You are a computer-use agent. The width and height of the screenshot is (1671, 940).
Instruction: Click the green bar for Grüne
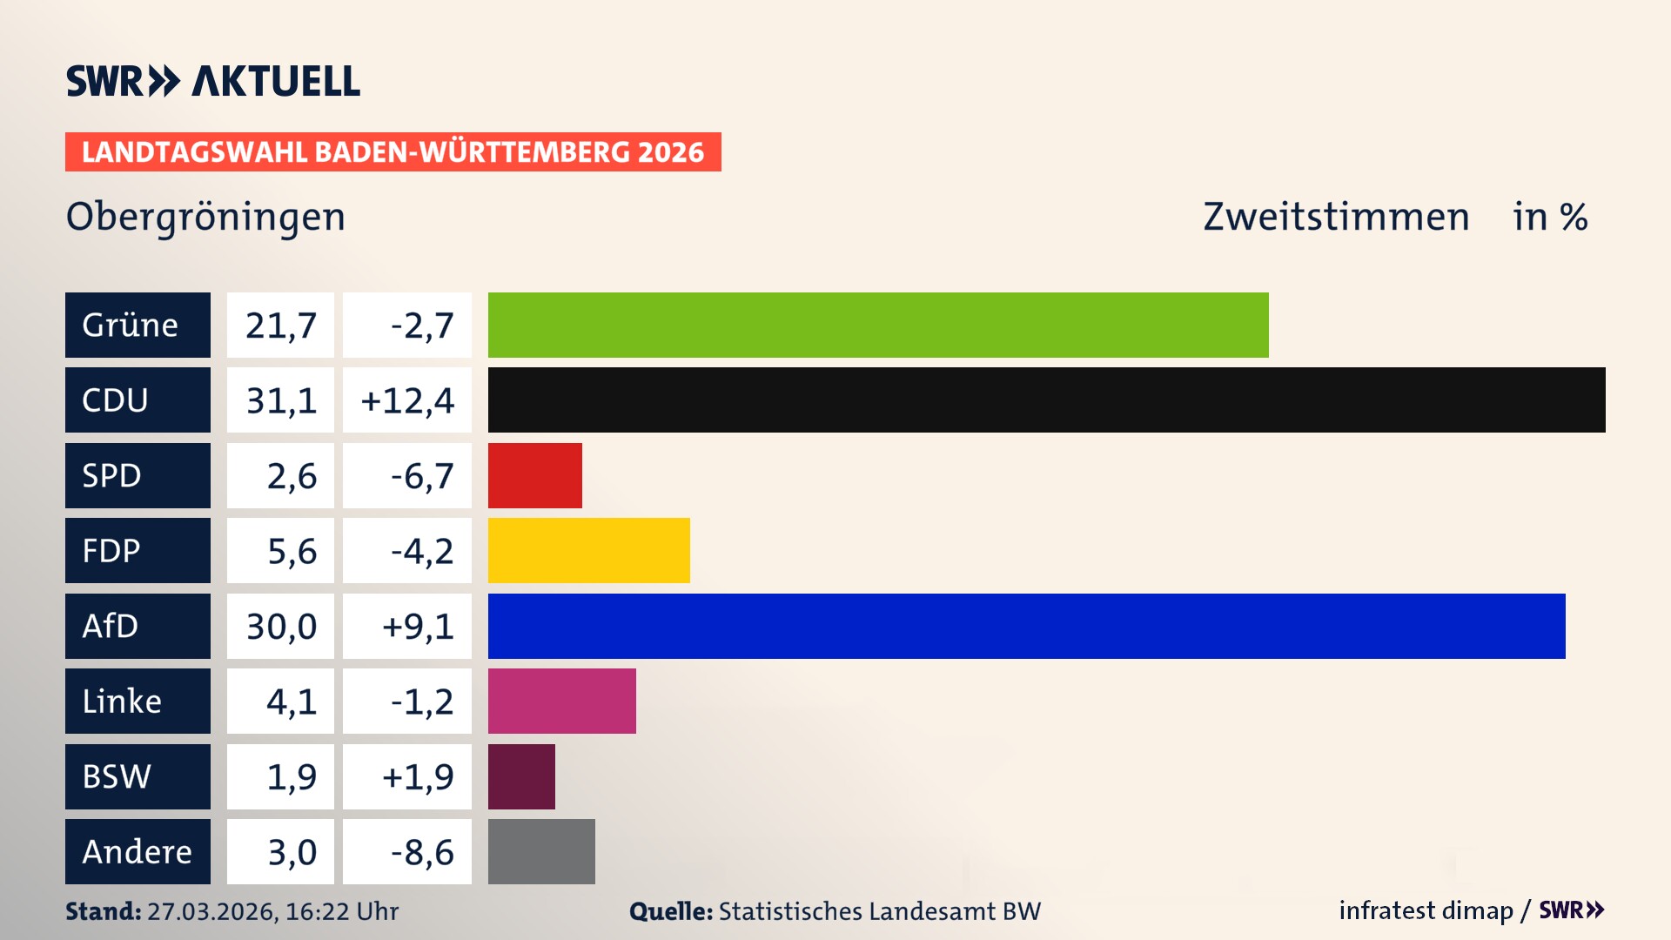(877, 325)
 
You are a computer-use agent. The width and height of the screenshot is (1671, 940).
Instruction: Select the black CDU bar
(1046, 399)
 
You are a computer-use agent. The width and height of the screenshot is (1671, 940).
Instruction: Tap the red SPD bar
(534, 475)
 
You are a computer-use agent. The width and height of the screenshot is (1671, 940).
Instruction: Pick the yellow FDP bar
(588, 550)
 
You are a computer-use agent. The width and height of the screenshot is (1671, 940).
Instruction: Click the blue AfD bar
(1026, 626)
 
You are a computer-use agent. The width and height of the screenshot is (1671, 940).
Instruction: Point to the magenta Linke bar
(561, 701)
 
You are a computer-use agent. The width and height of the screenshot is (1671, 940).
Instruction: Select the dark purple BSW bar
(521, 776)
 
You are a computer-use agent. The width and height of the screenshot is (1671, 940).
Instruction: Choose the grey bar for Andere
(541, 851)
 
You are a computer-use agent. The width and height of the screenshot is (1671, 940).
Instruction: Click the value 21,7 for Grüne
(280, 325)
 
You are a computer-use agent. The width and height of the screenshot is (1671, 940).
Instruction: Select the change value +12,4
(407, 399)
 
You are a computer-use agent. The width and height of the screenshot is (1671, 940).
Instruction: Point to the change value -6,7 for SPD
(421, 475)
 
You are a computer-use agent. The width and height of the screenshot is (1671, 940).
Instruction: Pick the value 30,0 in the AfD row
(280, 626)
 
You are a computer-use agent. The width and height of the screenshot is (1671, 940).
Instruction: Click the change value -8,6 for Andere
(421, 851)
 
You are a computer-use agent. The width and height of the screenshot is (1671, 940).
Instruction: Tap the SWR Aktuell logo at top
(212, 81)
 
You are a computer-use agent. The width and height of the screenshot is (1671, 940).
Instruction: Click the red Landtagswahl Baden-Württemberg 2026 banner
(393, 151)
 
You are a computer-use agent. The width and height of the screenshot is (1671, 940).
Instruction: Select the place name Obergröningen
(205, 217)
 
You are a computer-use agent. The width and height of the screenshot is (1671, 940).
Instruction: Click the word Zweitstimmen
(1335, 217)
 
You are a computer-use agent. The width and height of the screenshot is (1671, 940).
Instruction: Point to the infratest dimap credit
(1426, 910)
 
